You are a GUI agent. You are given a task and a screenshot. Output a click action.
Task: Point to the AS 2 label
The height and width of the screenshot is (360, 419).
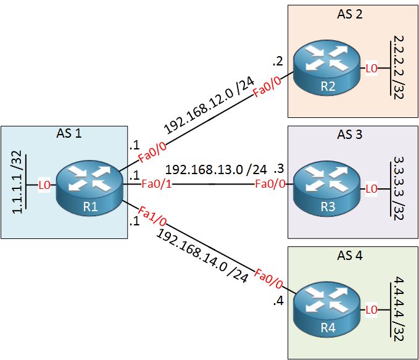350,14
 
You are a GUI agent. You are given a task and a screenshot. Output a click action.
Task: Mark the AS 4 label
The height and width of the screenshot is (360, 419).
350,253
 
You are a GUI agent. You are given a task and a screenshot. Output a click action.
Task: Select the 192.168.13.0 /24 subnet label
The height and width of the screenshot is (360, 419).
216,169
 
